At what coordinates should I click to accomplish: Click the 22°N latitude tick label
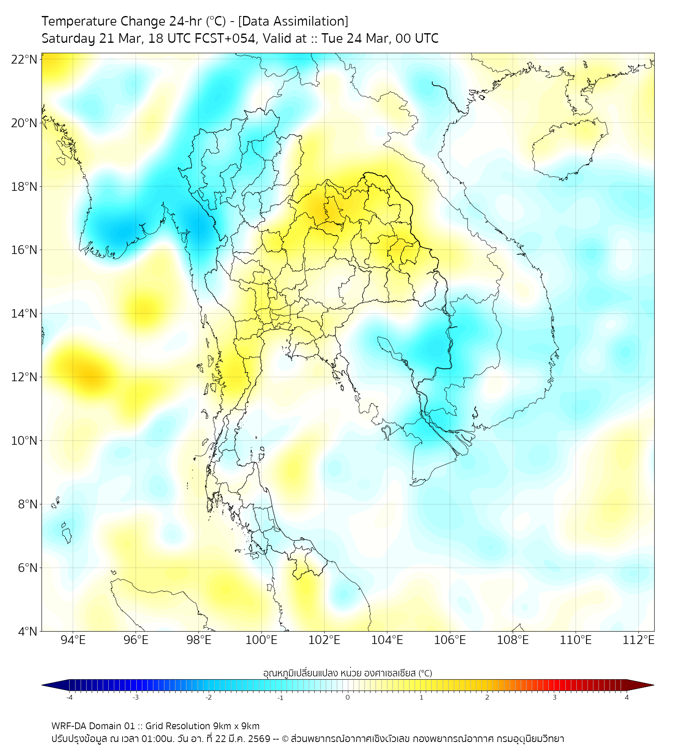[x=24, y=59]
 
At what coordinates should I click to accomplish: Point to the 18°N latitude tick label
[x=24, y=186]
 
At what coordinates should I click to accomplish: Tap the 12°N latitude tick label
[x=24, y=377]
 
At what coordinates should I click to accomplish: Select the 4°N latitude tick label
[x=27, y=631]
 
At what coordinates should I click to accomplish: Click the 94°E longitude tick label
[x=73, y=640]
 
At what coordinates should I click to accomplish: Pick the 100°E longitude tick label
[x=261, y=640]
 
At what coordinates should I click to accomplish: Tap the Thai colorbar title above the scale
[x=347, y=672]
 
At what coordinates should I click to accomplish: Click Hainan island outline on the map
[x=571, y=150]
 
